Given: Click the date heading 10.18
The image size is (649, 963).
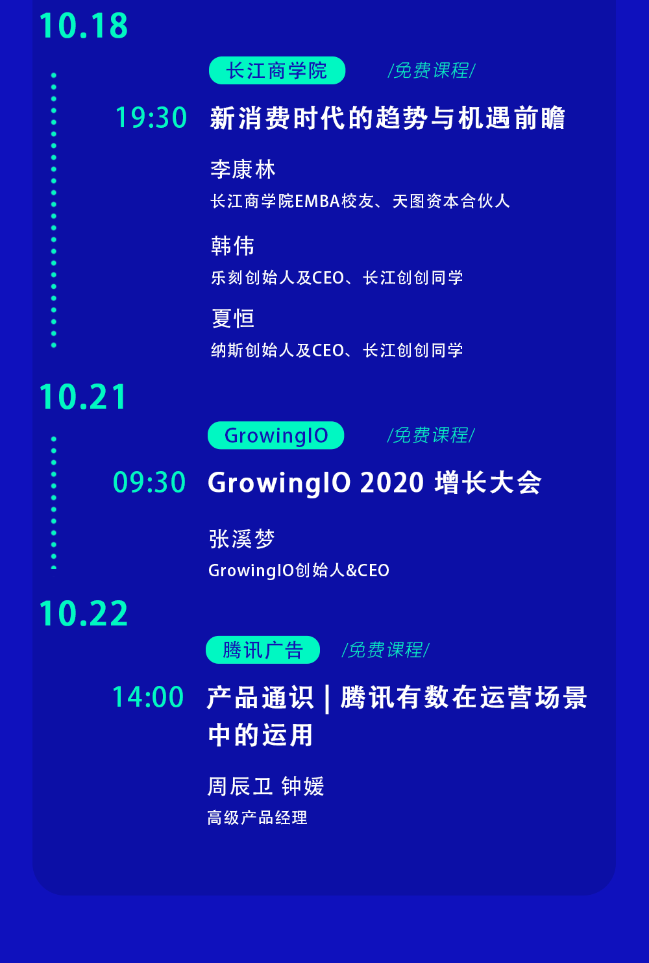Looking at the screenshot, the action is [84, 26].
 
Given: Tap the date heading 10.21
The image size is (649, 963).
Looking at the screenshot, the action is [83, 396].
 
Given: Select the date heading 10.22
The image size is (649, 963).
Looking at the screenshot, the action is [84, 613].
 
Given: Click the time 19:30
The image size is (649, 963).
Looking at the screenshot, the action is [151, 117].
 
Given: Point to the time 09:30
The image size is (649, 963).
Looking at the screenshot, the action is [149, 482].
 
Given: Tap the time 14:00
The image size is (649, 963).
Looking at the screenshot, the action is [148, 696].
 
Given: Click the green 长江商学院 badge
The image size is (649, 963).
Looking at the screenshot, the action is [277, 71].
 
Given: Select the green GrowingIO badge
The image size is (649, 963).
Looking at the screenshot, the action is [276, 435].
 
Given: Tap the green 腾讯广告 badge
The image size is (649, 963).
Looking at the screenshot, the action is [263, 650].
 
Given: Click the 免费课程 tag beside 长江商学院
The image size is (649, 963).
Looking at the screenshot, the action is [432, 71].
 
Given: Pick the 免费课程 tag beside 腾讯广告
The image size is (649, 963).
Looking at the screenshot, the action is [386, 650].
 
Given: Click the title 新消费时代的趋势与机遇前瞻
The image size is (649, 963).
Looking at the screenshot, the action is [387, 118].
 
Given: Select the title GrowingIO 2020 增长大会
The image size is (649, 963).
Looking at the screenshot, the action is [374, 482].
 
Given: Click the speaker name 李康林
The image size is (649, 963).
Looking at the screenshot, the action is [243, 169].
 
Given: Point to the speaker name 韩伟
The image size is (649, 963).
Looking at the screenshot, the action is [233, 246].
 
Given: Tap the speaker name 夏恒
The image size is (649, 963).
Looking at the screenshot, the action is [233, 319].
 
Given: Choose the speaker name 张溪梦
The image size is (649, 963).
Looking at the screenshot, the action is [241, 539].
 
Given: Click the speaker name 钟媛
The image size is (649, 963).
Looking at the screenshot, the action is [303, 786].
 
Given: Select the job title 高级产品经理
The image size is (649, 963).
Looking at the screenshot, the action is [257, 818].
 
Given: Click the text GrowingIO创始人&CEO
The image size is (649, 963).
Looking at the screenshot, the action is [299, 570].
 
